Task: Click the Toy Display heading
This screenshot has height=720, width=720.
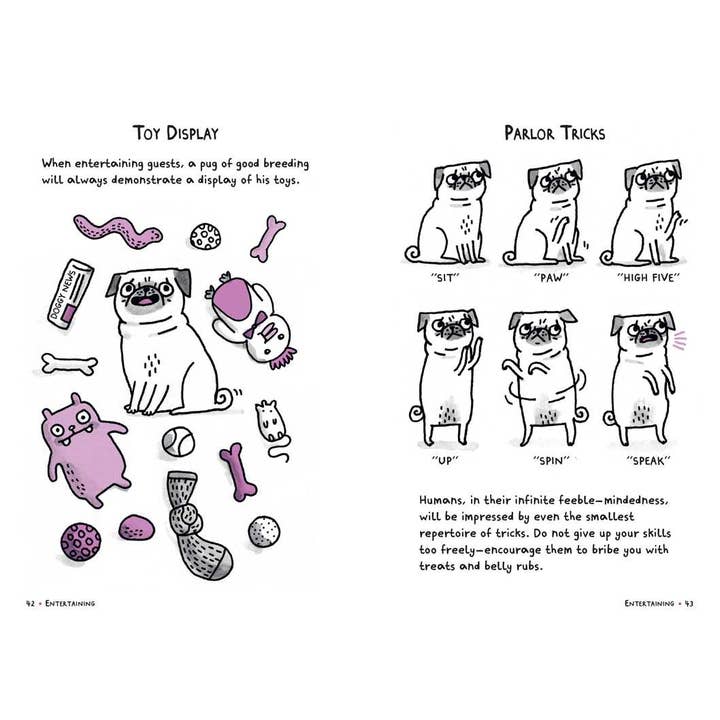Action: [177, 132]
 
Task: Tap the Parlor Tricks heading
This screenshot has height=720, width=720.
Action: [554, 132]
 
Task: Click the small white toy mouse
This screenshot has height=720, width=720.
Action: [269, 420]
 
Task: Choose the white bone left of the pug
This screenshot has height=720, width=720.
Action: [69, 363]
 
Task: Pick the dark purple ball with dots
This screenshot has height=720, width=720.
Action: [80, 541]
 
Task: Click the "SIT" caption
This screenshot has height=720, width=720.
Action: [442, 280]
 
